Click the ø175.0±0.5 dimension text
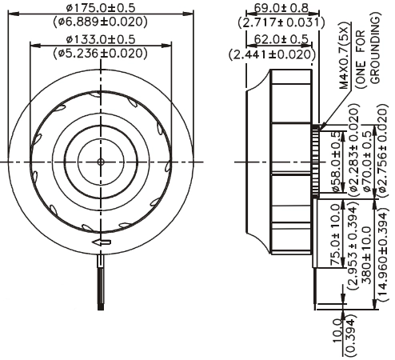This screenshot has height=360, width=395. pyautogui.click(x=101, y=8)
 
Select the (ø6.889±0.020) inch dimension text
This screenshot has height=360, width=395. pyautogui.click(x=100, y=22)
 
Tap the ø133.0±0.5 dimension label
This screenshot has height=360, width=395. pyautogui.click(x=101, y=39)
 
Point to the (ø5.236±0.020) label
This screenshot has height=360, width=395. pyautogui.click(x=100, y=54)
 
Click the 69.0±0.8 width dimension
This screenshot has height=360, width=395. pyautogui.click(x=281, y=8)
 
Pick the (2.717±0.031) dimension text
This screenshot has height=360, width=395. pyautogui.click(x=281, y=22)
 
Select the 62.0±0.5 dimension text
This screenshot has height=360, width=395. pyautogui.click(x=281, y=39)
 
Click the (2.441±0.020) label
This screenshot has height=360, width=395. pyautogui.click(x=272, y=54)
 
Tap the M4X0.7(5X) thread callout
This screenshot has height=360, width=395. pyautogui.click(x=344, y=58)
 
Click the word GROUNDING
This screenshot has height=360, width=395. pyautogui.click(x=375, y=50)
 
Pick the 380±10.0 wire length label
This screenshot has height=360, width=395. pyautogui.click(x=367, y=255)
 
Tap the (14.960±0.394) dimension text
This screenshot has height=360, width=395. pyautogui.click(x=383, y=257)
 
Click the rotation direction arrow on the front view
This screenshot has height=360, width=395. pyautogui.click(x=102, y=242)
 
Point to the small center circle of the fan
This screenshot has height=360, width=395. pyautogui.click(x=101, y=162)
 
